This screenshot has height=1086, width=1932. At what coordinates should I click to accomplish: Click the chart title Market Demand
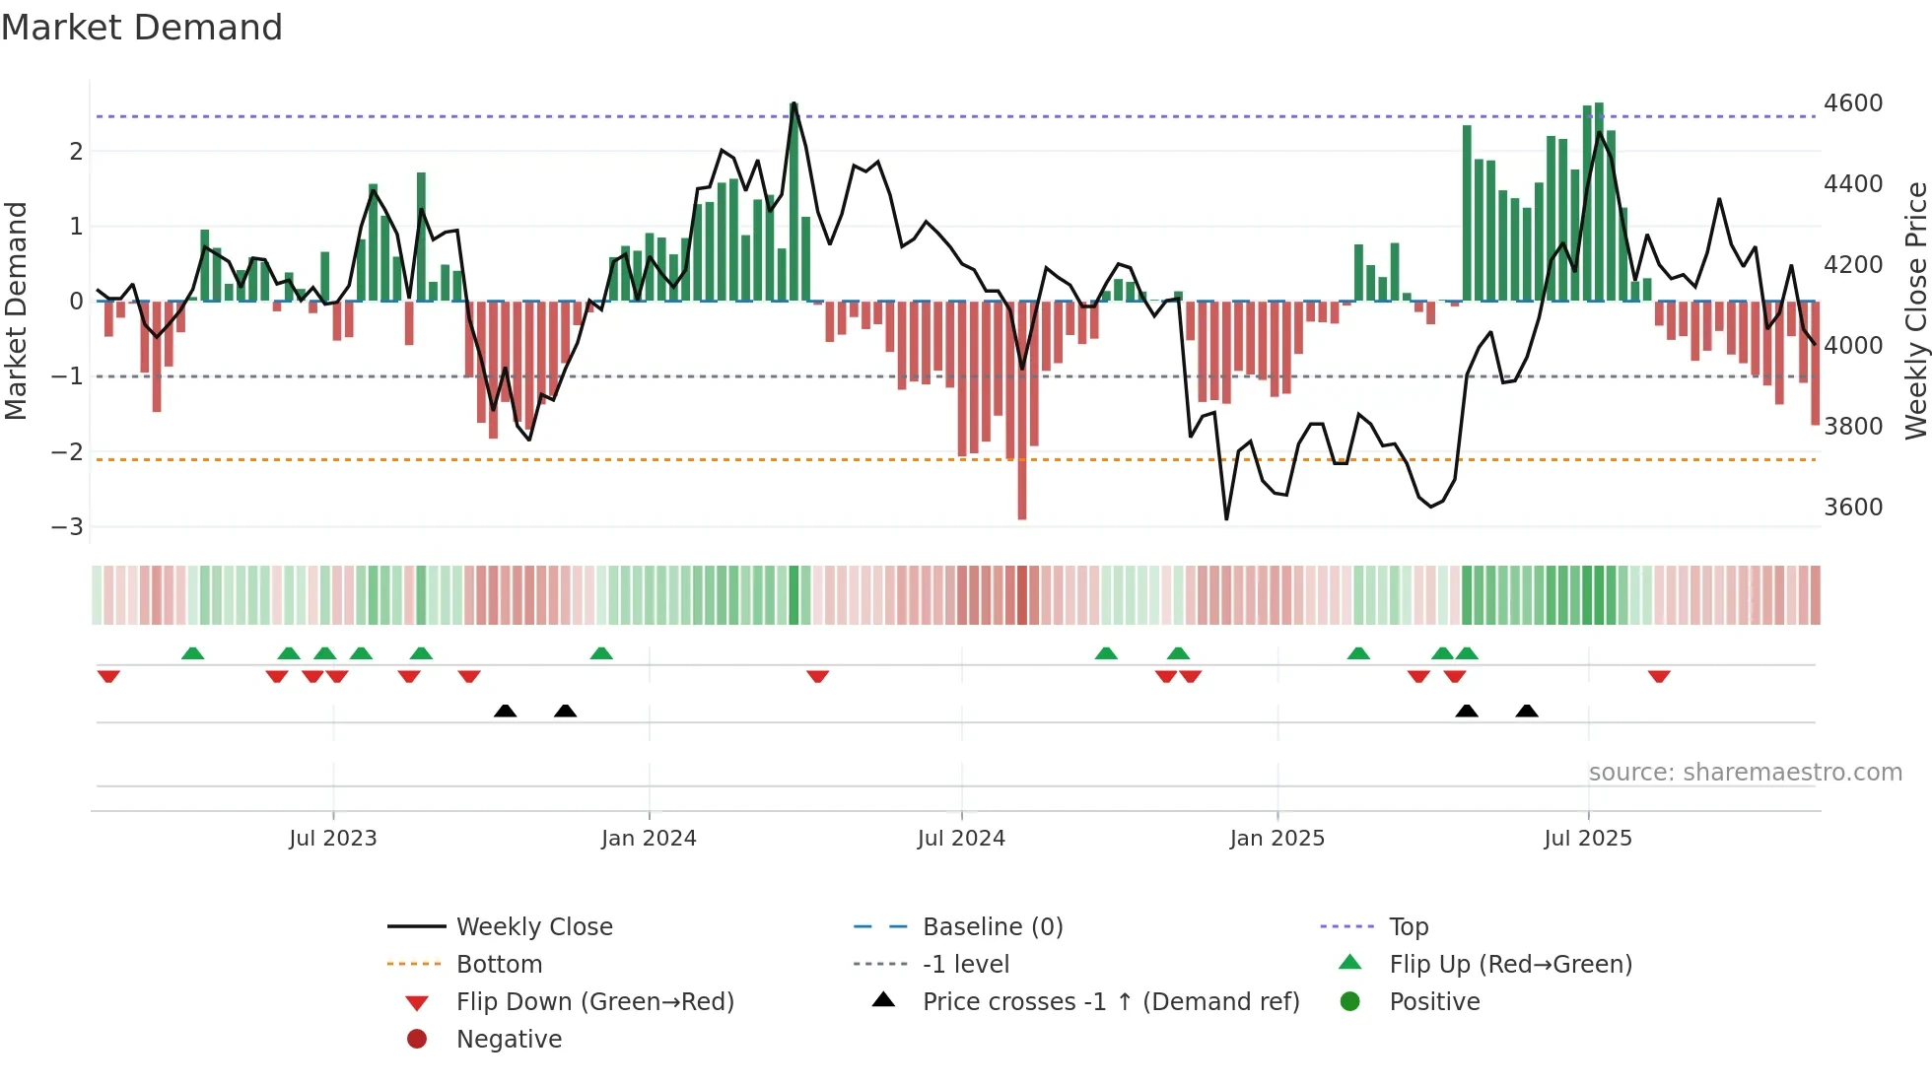point(142,28)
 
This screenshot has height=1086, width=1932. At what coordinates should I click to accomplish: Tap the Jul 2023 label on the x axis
point(332,839)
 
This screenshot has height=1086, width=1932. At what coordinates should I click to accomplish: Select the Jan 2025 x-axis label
point(1276,839)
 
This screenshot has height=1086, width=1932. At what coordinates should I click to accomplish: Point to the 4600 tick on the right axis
point(1852,103)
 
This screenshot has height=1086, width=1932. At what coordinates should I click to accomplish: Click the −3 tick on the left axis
point(68,526)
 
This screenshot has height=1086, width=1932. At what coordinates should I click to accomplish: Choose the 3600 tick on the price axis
point(1852,508)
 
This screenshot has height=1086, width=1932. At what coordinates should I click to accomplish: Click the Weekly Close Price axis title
point(1915,310)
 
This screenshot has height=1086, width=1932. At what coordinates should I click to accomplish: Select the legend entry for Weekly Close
point(533,927)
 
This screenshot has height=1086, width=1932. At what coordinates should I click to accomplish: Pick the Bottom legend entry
point(499,965)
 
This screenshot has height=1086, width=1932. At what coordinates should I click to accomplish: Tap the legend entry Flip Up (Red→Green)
point(1510,965)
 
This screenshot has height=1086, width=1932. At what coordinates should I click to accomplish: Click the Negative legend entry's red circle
point(417,1040)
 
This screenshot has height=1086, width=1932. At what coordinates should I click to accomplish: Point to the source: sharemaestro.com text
point(1745,773)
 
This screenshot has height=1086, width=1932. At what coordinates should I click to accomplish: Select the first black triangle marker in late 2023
point(505,711)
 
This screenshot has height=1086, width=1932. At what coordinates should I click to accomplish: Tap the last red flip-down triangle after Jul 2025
point(1659,676)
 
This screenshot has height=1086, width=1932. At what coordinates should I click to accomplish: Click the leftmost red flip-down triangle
point(108,676)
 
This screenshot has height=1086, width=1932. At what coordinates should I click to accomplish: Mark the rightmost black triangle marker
point(1527,711)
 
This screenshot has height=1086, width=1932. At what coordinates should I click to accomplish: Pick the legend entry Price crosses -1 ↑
point(1110,1002)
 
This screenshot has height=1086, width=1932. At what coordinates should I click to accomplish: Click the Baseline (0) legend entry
point(992,927)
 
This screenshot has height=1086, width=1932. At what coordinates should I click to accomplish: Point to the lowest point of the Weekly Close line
point(1226,518)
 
